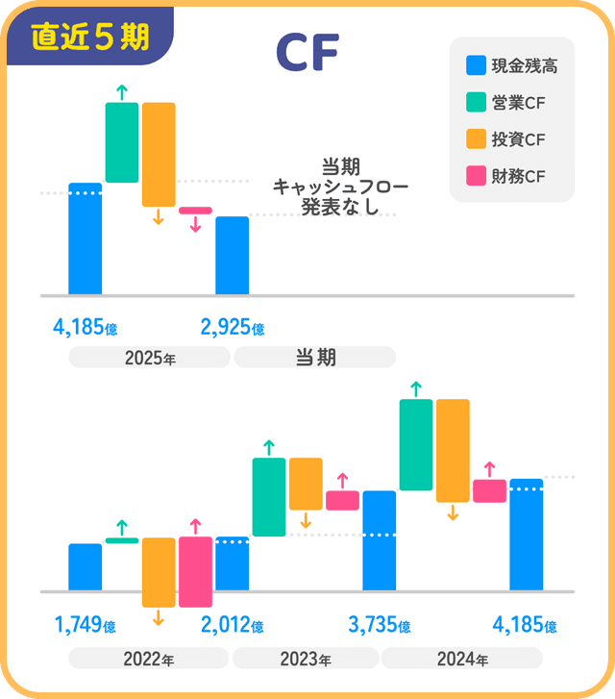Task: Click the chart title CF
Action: coord(307,55)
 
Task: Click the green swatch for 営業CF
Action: coord(475,103)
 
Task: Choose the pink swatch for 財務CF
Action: coord(475,176)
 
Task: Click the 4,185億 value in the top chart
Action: coord(86,327)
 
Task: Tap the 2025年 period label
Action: coord(150,358)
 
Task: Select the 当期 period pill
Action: coord(314,358)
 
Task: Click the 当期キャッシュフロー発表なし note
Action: coord(327,186)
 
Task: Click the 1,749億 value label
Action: coord(86,626)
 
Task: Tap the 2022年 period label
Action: coord(148,660)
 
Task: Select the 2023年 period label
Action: coord(306,660)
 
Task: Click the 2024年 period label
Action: coord(462,660)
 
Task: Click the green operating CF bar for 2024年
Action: coord(416,444)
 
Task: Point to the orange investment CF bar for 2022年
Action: coord(159,572)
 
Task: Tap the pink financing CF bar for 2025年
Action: coord(195,211)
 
